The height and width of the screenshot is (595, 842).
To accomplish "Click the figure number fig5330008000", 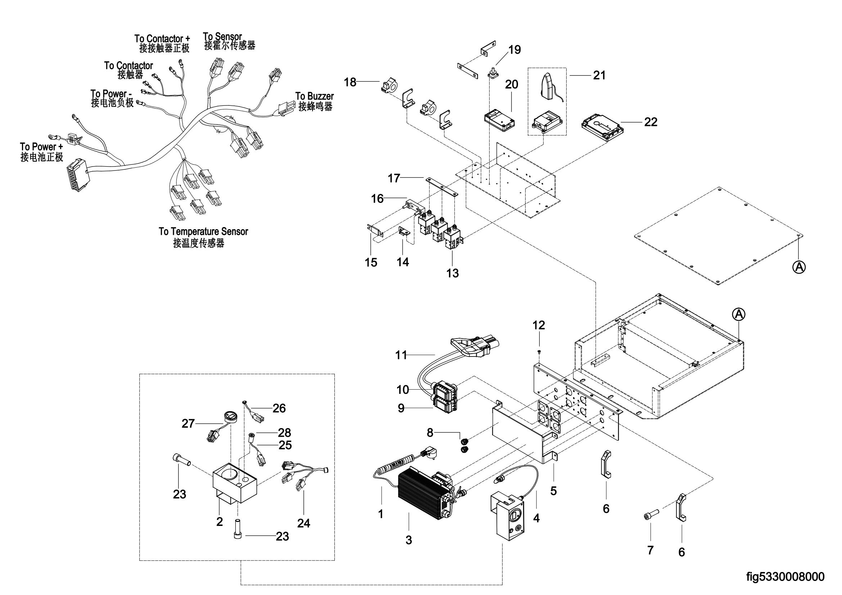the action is (x=785, y=576).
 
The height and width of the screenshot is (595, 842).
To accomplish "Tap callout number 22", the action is (x=650, y=122).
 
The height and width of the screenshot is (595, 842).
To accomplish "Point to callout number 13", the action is (x=452, y=273).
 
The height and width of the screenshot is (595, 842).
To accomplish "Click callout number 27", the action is (x=188, y=423).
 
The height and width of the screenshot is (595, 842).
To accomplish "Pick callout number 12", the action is (x=539, y=325).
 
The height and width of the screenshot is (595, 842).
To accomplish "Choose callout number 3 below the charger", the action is (x=409, y=540).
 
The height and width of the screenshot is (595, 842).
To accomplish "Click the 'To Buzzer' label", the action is (x=315, y=96).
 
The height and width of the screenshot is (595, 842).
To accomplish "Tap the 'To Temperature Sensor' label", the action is (x=203, y=232).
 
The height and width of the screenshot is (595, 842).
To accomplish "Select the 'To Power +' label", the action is (x=41, y=147).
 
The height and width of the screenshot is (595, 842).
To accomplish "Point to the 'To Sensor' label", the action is (x=222, y=37).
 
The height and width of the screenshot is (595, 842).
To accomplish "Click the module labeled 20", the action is (x=499, y=121).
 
